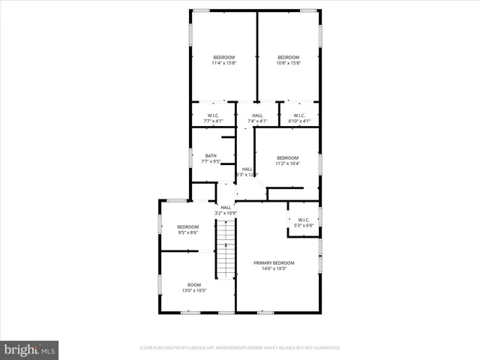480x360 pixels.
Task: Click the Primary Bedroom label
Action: point(274,262)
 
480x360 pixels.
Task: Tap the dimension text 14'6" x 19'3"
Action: point(274,268)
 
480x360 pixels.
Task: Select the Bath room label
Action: point(211,155)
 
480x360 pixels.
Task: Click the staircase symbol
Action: point(226,250)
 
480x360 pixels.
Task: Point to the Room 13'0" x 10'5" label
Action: point(194,284)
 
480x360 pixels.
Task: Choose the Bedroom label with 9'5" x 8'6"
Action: point(188,226)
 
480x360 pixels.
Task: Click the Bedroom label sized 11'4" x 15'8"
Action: point(223,58)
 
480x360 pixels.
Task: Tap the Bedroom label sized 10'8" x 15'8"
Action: point(288,58)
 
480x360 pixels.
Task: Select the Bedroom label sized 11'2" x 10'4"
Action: point(287,157)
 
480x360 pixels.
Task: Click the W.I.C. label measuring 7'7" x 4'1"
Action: point(213,115)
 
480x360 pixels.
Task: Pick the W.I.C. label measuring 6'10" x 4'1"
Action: point(299,115)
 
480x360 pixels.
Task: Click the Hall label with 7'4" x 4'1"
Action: point(257,115)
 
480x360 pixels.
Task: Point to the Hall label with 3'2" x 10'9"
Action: point(226,207)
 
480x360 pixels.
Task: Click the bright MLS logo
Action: point(29,349)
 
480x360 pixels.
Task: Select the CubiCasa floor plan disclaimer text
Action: point(240,348)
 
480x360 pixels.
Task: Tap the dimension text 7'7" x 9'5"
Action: point(211,161)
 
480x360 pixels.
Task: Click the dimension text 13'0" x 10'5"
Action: point(194,290)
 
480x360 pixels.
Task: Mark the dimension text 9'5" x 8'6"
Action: point(188,232)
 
